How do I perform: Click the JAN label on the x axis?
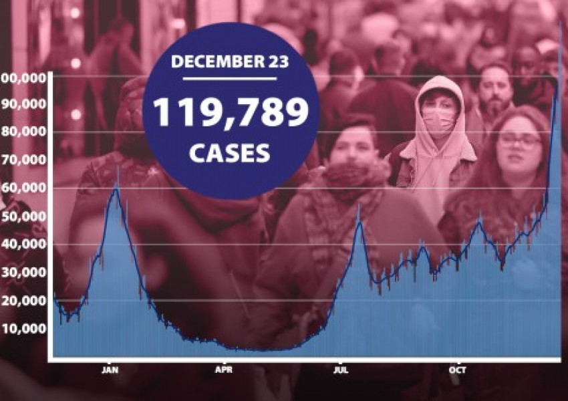coord(110,370)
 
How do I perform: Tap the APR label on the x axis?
coord(224,370)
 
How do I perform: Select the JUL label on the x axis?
coord(341,370)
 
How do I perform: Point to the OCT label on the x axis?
coord(458,370)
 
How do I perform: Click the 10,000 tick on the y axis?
coord(27,328)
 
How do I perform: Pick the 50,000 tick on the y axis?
coord(27,217)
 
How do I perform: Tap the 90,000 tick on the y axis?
coord(27,104)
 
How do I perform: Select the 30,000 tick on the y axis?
coord(27,272)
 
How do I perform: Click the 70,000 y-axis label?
coord(27,160)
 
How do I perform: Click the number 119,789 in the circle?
coord(231,112)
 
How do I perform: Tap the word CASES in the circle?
coord(229,153)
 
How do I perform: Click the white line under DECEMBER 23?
coord(230,79)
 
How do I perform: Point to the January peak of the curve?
coord(116,188)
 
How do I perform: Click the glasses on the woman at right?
coord(519,141)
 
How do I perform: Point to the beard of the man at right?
coord(495,108)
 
